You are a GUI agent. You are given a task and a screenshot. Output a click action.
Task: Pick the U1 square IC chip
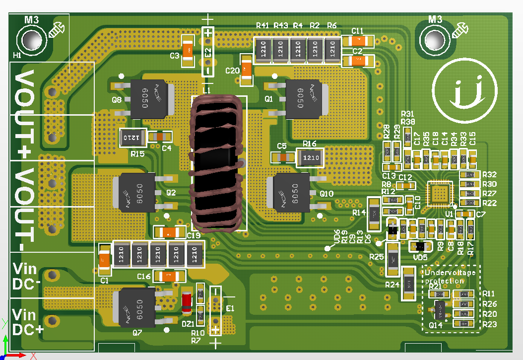coord(440,193)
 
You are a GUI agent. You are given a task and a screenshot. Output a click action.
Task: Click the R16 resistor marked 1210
coord(310,158)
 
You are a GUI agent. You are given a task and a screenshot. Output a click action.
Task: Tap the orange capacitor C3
coord(188,50)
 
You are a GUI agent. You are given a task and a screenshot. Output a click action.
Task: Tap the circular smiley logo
coord(464,93)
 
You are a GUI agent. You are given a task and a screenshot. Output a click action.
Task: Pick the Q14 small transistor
coord(440,310)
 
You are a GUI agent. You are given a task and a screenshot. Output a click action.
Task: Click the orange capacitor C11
coord(358,41)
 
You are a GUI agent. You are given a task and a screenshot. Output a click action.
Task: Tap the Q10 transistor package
coord(290,192)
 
